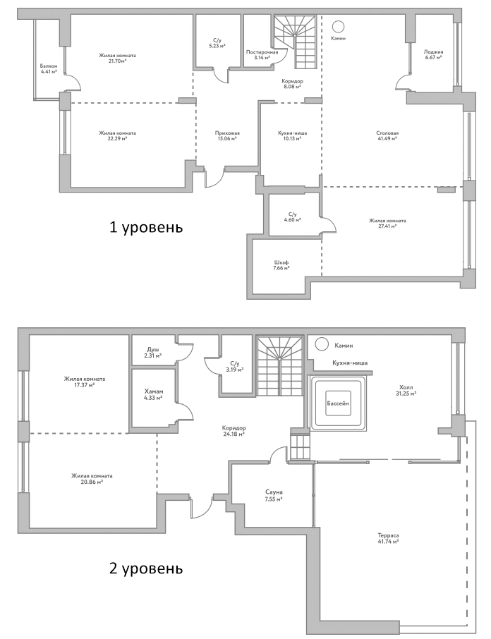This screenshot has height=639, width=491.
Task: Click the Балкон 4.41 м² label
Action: tap(49, 68)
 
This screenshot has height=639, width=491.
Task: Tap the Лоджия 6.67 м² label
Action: tap(432, 54)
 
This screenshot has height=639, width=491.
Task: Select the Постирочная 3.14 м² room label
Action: tap(262, 55)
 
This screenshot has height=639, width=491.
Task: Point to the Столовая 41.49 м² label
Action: tap(387, 135)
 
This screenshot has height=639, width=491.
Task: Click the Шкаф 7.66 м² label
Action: tap(281, 265)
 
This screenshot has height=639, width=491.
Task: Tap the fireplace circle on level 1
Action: tap(338, 27)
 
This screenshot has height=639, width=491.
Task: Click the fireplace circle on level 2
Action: tap(322, 344)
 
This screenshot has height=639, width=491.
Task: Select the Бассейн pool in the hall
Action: tap(337, 405)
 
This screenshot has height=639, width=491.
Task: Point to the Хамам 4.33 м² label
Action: tap(153, 394)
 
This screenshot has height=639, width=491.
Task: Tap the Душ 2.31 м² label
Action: tap(153, 352)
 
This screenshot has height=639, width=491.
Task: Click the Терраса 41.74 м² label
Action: tap(389, 540)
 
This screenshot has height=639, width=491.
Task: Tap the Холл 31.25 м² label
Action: tap(407, 389)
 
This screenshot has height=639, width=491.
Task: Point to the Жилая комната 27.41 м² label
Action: tap(387, 224)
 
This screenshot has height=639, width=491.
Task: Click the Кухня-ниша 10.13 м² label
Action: tap(289, 135)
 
